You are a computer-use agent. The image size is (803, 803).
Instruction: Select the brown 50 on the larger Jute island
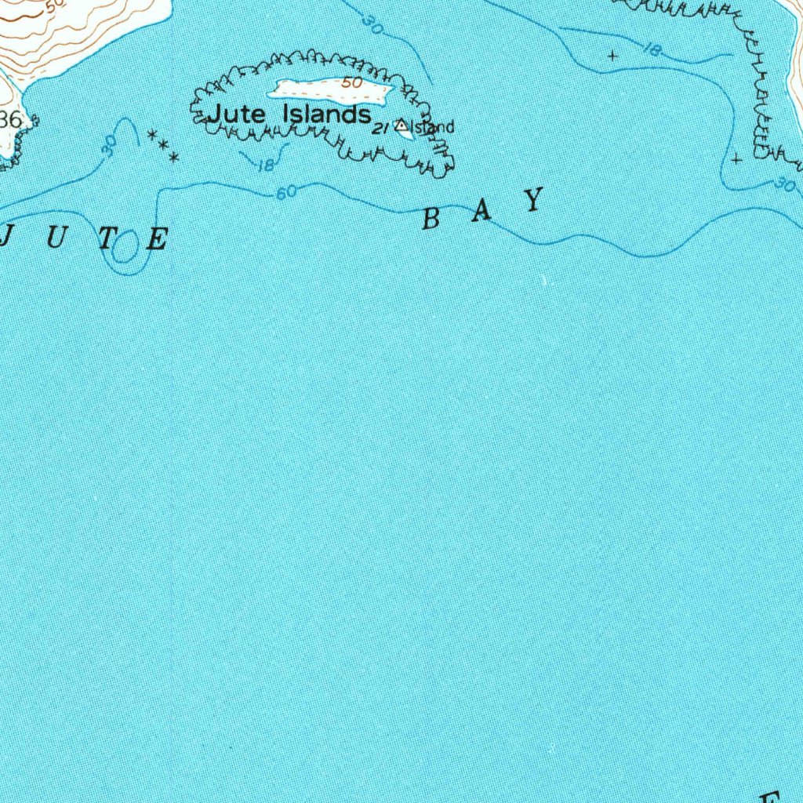[351, 83]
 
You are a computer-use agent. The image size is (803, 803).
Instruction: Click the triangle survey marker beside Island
[402, 125]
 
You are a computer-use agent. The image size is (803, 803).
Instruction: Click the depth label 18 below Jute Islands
[265, 165]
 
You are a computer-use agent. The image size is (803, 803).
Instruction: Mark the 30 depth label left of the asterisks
[110, 144]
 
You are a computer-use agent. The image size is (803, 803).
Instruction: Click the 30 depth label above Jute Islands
[373, 26]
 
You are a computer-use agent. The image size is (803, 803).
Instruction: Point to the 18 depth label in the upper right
[651, 50]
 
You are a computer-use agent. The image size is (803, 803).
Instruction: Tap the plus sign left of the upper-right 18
[612, 56]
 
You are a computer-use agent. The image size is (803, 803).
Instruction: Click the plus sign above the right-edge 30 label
[736, 158]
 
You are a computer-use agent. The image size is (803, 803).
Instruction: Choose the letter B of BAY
[430, 220]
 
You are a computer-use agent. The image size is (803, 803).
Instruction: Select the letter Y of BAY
[534, 201]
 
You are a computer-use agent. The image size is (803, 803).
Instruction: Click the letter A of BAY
[481, 212]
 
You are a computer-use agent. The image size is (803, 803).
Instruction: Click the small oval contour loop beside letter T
[123, 250]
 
